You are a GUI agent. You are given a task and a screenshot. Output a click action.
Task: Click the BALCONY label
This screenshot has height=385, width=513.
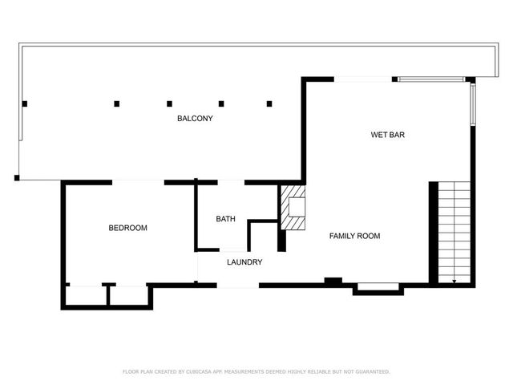tap(195, 119)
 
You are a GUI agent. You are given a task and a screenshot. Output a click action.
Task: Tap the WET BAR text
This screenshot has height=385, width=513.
tap(387, 135)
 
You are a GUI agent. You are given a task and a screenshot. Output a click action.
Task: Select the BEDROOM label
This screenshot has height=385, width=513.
tap(128, 228)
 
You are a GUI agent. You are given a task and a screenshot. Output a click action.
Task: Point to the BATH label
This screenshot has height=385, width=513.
tap(225, 219)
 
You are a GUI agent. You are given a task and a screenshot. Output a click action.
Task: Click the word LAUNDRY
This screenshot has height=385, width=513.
tap(244, 262)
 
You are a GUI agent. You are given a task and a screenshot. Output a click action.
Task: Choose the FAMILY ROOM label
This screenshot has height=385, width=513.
tap(355, 236)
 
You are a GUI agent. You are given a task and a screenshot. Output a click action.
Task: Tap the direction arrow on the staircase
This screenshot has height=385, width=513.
tap(454, 280)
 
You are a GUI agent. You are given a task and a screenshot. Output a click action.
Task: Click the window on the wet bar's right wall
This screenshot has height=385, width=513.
tap(473, 105)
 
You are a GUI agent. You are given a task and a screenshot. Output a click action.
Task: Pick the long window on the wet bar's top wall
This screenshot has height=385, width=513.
tap(431, 79)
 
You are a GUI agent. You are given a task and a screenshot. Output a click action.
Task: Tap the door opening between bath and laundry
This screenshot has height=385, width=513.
tap(232, 249)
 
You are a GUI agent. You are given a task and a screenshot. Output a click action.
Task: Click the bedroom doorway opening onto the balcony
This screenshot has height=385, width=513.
tap(138, 183)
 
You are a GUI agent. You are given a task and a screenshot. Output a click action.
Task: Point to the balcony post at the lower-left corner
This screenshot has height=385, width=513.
tap(17, 177)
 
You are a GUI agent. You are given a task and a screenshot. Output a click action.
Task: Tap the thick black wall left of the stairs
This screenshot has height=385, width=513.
tap(434, 233)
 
